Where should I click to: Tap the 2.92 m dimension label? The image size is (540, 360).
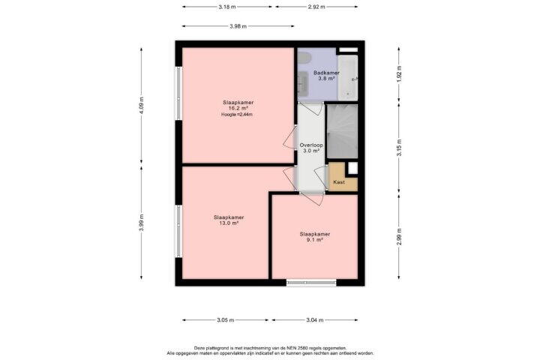tap(316, 7)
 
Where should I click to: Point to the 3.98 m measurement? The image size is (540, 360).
tap(238, 26)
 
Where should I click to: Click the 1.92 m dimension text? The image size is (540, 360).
tap(399, 74)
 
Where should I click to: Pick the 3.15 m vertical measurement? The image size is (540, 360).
tap(399, 148)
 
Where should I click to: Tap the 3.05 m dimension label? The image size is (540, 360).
tap(226, 320)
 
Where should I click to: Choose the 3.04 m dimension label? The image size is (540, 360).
tap(315, 320)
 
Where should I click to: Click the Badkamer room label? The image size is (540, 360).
tap(326, 73)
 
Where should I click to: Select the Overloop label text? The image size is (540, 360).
tap(311, 145)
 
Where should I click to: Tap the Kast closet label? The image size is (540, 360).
tap(339, 182)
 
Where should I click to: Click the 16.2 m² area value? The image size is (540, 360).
tap(238, 108)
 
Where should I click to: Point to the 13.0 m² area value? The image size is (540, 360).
tap(229, 223)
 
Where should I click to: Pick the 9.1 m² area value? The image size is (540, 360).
tap(315, 239)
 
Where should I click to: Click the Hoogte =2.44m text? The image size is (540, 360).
tap(237, 114)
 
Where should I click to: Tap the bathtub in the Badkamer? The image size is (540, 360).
tap(348, 78)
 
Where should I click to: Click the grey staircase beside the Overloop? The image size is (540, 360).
tap(342, 131)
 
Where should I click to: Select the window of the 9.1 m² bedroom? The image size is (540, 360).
tap(311, 283)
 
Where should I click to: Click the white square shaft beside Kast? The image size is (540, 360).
tap(352, 168)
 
